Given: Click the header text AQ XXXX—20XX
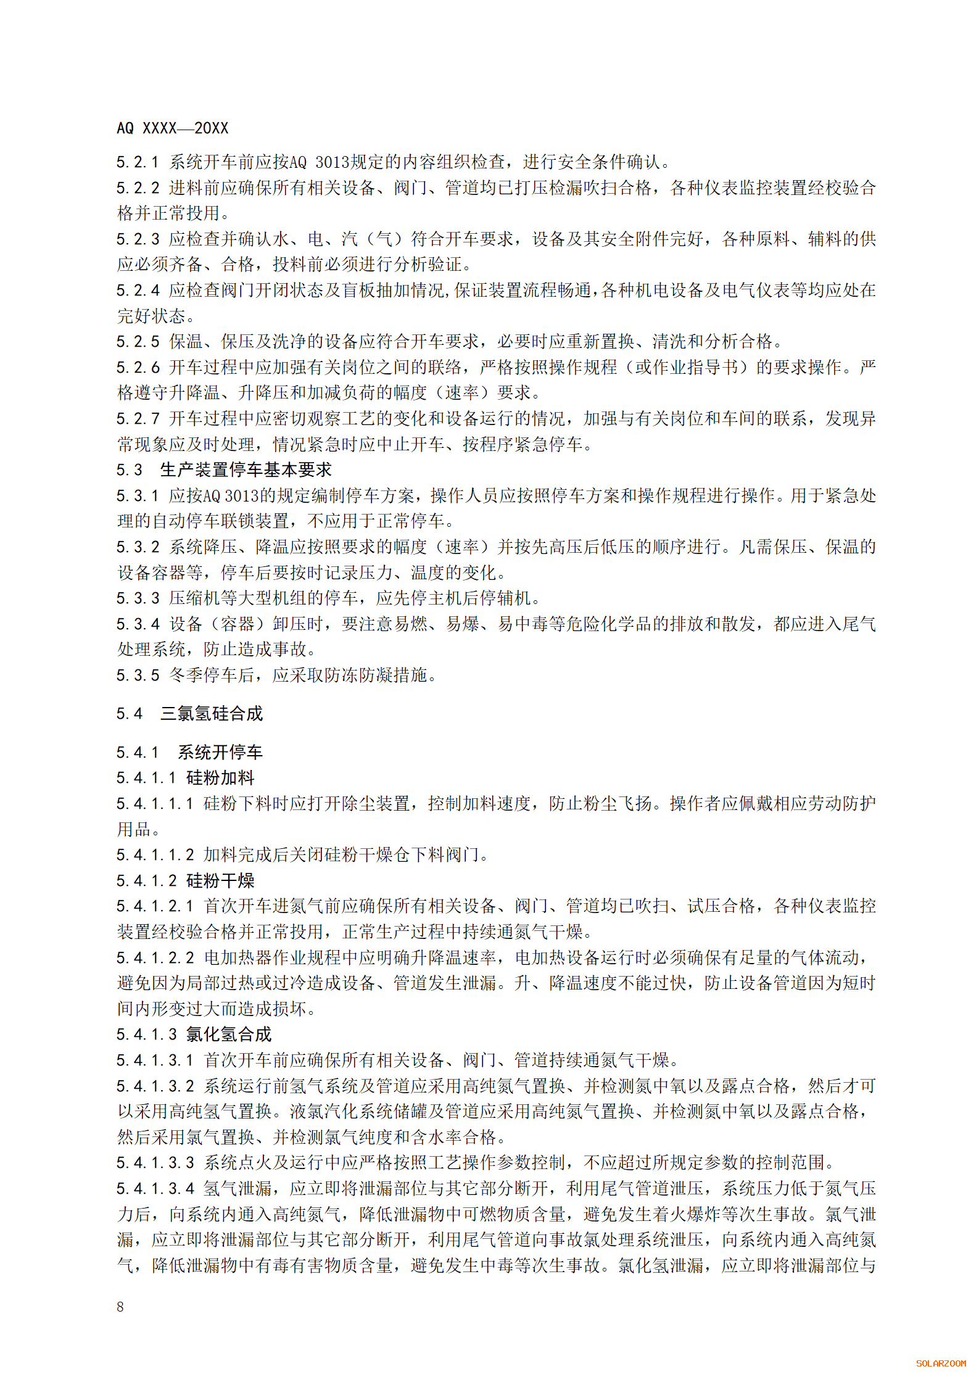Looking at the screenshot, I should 172,128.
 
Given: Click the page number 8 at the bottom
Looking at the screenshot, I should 120,1306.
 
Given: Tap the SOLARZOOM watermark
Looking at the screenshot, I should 941,1363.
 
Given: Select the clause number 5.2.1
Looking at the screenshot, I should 138,162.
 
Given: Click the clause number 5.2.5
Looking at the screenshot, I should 138,342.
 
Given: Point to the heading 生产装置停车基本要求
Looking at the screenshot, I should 246,470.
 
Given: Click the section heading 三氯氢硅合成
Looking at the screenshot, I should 212,714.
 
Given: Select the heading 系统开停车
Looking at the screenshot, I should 220,752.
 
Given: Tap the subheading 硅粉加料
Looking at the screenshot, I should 220,778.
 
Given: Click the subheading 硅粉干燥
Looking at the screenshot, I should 220,880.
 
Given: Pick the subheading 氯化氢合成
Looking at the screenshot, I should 229,1035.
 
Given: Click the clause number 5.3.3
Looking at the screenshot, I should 138,598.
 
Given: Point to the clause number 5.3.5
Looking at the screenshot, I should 138,676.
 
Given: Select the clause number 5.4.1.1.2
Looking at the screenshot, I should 155,855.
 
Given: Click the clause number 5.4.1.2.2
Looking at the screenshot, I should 155,957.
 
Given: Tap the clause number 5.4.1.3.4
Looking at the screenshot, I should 155,1188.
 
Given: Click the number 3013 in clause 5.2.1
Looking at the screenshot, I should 332,162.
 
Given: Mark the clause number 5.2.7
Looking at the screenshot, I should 138,419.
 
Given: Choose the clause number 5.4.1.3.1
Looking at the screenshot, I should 155,1060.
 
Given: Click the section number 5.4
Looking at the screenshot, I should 129,714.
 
